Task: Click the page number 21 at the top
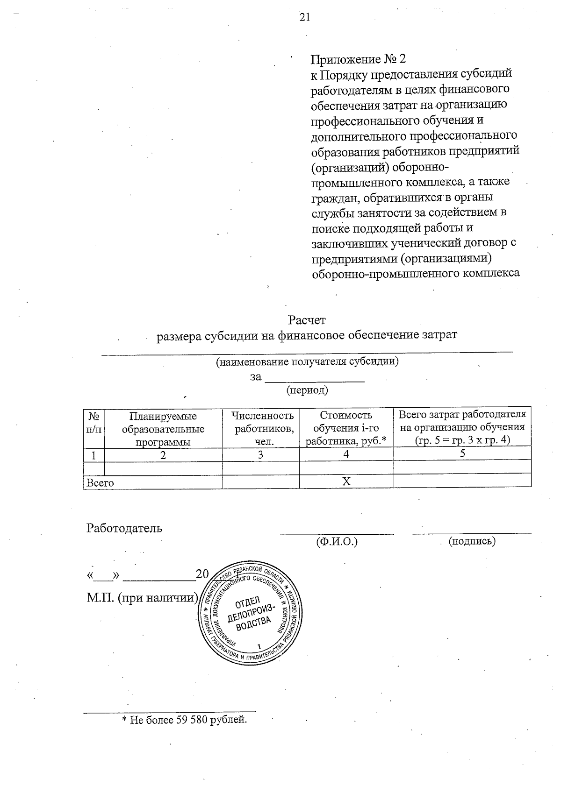[304, 17]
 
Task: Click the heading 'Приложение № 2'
[359, 59]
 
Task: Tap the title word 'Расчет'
[307, 320]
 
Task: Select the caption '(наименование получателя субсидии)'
[307, 361]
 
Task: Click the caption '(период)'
[307, 389]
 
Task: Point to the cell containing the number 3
[260, 454]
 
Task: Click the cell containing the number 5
[462, 453]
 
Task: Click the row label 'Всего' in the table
[100, 482]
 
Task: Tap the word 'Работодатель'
[124, 528]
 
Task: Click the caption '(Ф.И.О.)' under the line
[337, 542]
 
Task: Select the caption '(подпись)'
[472, 541]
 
